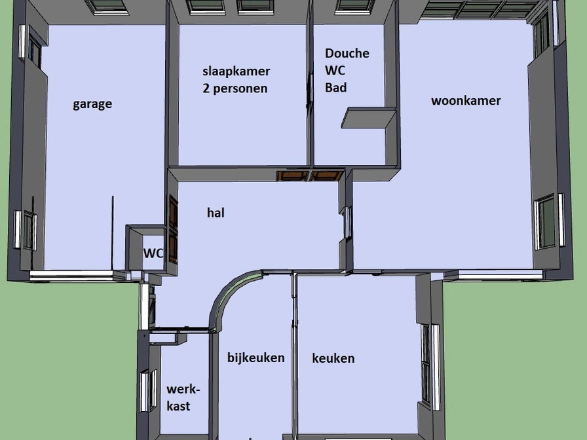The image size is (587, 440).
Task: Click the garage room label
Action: [x=92, y=104]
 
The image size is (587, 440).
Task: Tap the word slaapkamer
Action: [x=237, y=71]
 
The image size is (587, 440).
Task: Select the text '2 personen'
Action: [x=235, y=88]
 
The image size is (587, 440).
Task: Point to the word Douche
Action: [x=347, y=53]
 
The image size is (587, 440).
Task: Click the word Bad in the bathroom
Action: [x=336, y=88]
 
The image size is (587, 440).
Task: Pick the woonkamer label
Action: [x=466, y=101]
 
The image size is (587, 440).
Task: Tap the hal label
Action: [x=216, y=213]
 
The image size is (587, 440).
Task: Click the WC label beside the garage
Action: [x=153, y=253]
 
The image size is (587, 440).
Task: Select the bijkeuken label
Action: [x=256, y=357]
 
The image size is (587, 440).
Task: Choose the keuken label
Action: [x=333, y=358]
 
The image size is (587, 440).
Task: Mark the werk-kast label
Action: [x=183, y=397]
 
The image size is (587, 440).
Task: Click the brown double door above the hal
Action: [x=311, y=175]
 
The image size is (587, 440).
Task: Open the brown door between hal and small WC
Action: [x=173, y=229]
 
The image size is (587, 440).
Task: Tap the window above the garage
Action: [x=107, y=7]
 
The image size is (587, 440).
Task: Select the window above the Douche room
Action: [x=354, y=7]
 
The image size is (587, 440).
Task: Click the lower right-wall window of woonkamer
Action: [x=549, y=221]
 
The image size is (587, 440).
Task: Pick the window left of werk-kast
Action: [x=149, y=391]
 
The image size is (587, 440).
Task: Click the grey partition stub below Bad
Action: [x=369, y=119]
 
